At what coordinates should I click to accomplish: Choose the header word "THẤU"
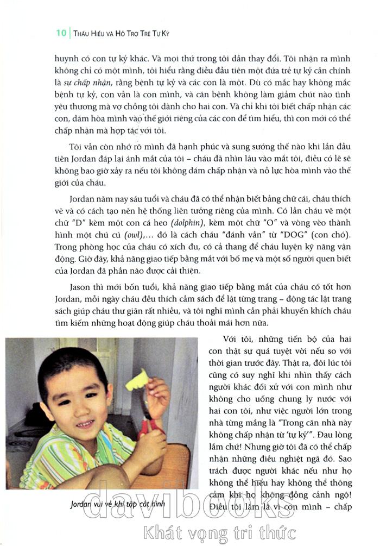click(84, 33)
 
